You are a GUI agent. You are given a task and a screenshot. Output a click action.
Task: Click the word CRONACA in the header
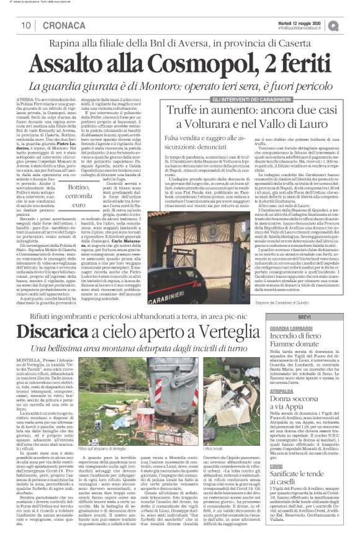point(53,25)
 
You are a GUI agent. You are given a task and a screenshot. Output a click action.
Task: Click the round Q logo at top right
point(351,24)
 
